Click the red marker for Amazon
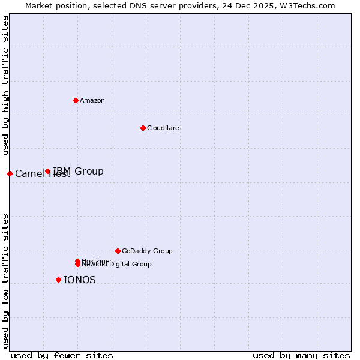pos(76,100)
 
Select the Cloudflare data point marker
pos(143,128)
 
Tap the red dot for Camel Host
pos(10,173)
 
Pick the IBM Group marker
pos(48,171)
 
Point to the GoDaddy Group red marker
pos(118,251)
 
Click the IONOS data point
pos(58,280)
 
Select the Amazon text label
pos(92,100)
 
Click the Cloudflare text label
pos(163,128)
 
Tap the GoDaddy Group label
pos(147,251)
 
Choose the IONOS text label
pos(80,280)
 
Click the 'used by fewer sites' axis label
pos(62,355)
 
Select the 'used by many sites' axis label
pos(301,355)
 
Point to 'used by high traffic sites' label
pos(5,86)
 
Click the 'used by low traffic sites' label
pos(5,281)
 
